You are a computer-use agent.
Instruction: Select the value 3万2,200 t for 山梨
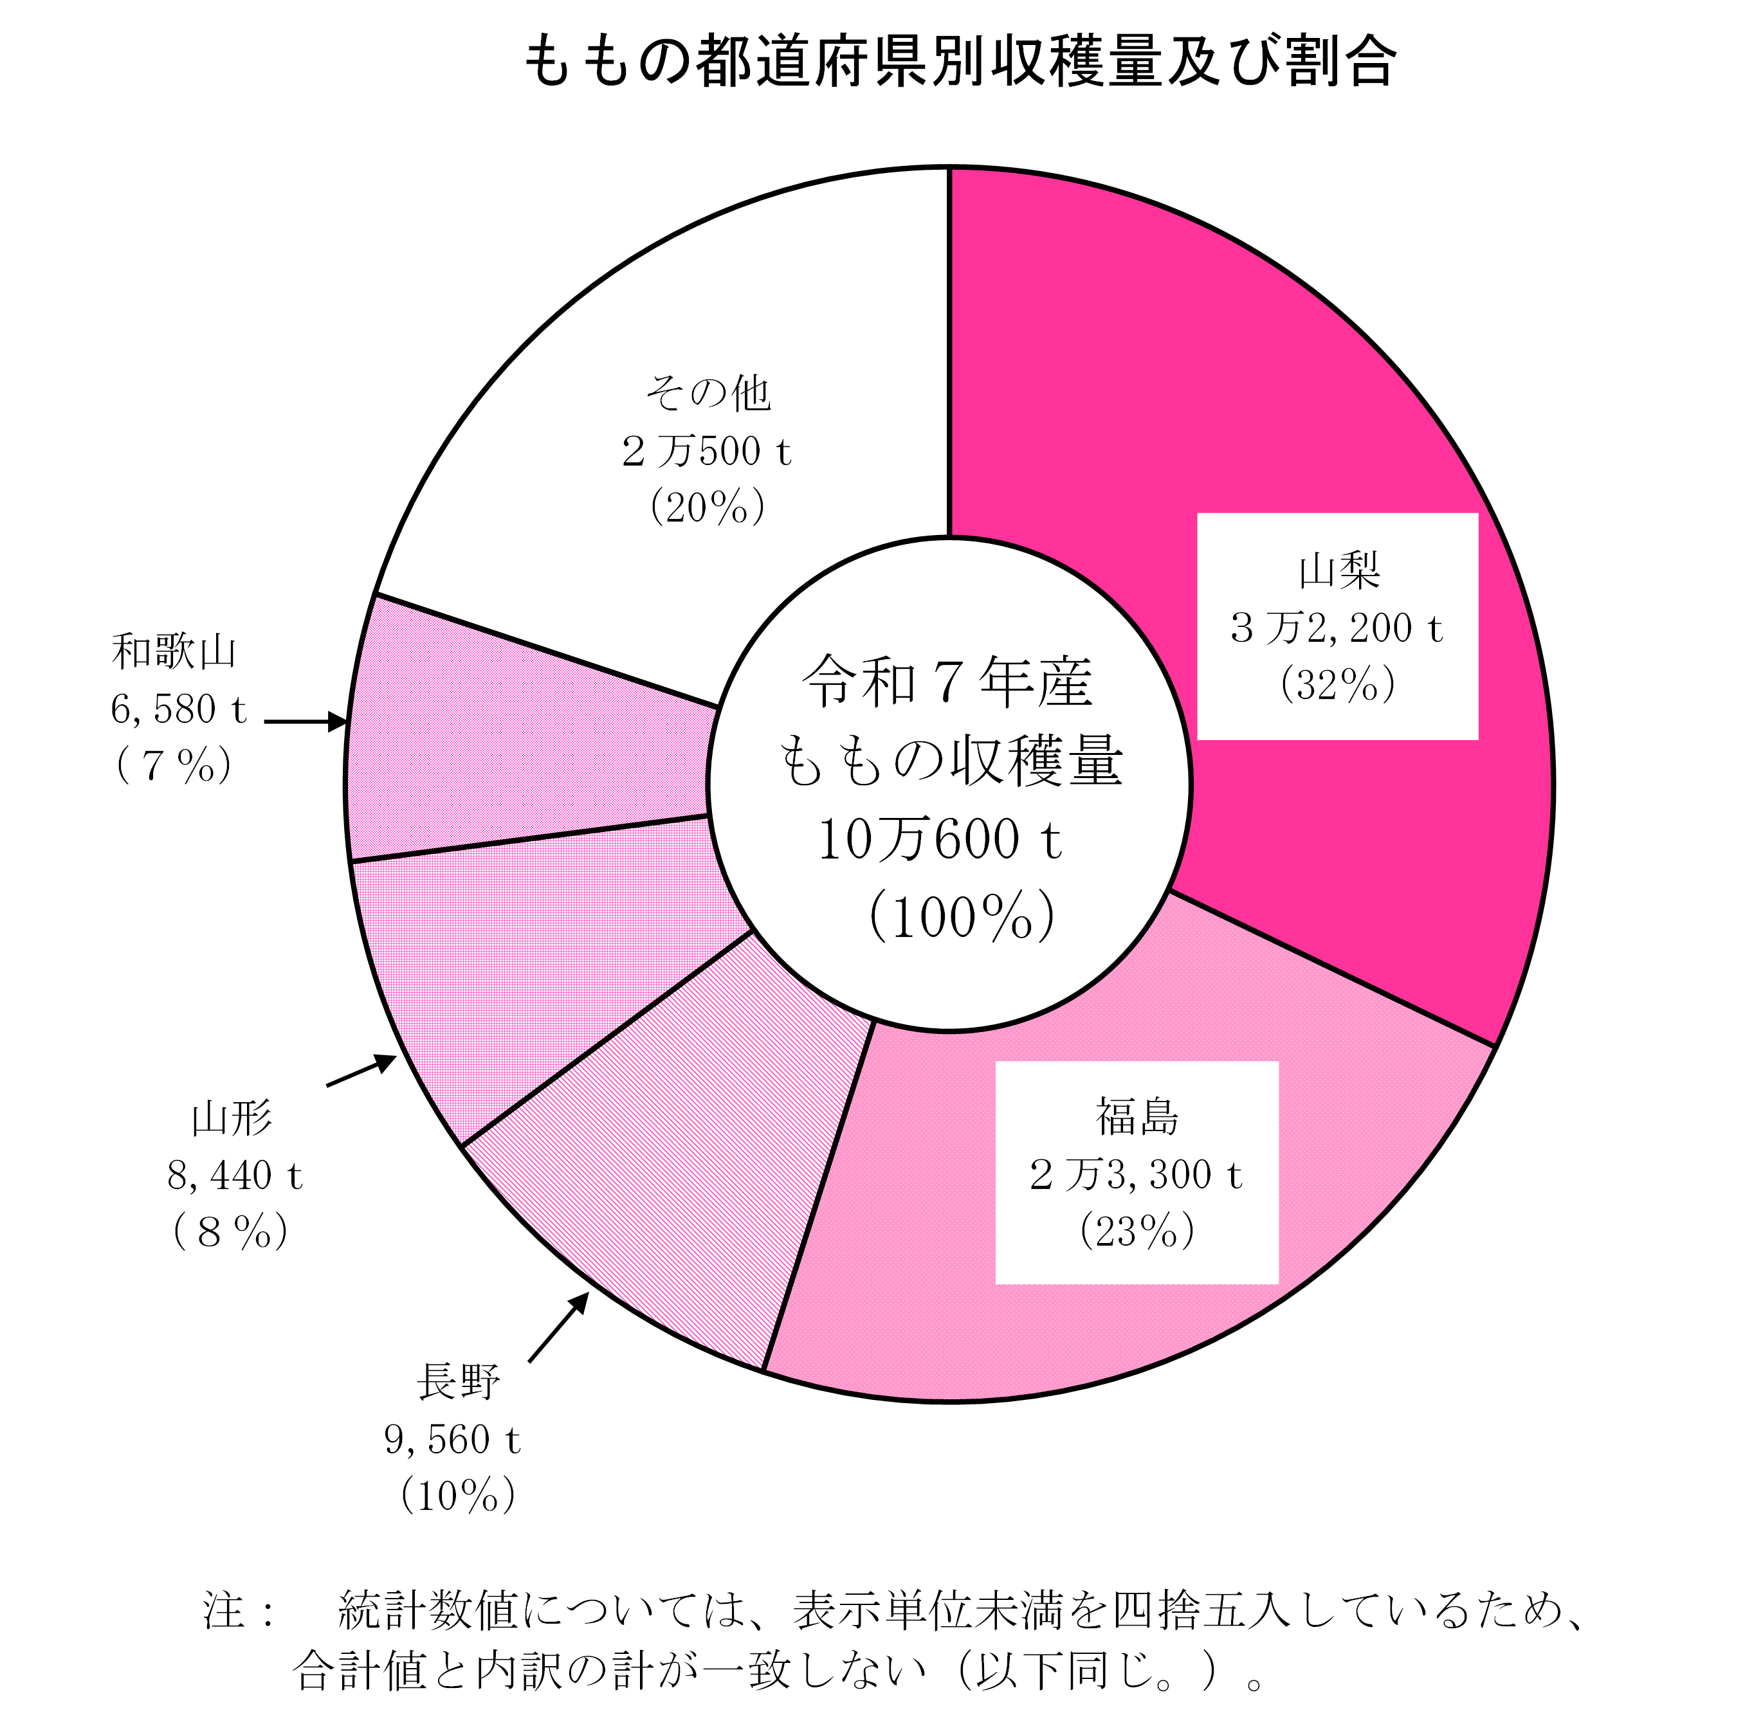[1337, 628]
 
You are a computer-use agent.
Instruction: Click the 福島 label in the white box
[1137, 1117]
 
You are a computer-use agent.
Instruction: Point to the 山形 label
[231, 1119]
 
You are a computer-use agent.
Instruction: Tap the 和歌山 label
[174, 652]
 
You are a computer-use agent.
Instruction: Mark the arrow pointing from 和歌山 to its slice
[306, 721]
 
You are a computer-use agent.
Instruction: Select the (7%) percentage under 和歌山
[174, 767]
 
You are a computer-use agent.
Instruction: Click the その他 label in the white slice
[708, 393]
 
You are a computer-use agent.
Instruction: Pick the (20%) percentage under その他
[708, 507]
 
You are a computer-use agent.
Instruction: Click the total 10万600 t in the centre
[939, 840]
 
